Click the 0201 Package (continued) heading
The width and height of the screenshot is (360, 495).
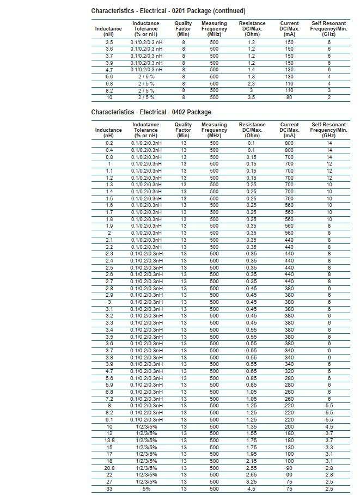click(x=161, y=11)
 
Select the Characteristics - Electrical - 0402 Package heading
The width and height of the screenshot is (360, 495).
click(x=151, y=112)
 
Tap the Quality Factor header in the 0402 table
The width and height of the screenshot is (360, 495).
click(x=184, y=130)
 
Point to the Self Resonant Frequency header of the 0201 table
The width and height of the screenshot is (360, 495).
click(x=328, y=29)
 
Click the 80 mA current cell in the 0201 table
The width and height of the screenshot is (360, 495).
click(x=289, y=97)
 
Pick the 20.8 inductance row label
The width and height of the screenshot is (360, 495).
click(x=109, y=468)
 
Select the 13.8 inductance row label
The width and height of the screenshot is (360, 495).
click(x=109, y=441)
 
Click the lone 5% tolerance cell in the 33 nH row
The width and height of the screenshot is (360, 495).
click(x=146, y=489)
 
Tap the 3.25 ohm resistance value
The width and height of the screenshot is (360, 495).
click(x=251, y=482)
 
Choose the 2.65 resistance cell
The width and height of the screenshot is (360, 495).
click(x=251, y=475)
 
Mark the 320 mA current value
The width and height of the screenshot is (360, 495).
click(x=289, y=371)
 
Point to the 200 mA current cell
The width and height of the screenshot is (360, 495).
click(x=289, y=427)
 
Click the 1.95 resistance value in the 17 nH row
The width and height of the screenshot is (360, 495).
click(x=251, y=454)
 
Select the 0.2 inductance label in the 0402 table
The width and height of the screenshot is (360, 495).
click(x=109, y=143)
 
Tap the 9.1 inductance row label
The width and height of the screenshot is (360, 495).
click(x=109, y=420)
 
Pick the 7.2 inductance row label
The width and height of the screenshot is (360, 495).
click(x=109, y=399)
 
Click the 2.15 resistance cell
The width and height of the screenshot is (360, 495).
click(x=251, y=461)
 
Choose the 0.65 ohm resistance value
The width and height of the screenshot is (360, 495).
click(x=251, y=371)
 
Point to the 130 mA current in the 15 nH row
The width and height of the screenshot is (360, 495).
click(x=289, y=448)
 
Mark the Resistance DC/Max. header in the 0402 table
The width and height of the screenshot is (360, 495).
click(x=252, y=130)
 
